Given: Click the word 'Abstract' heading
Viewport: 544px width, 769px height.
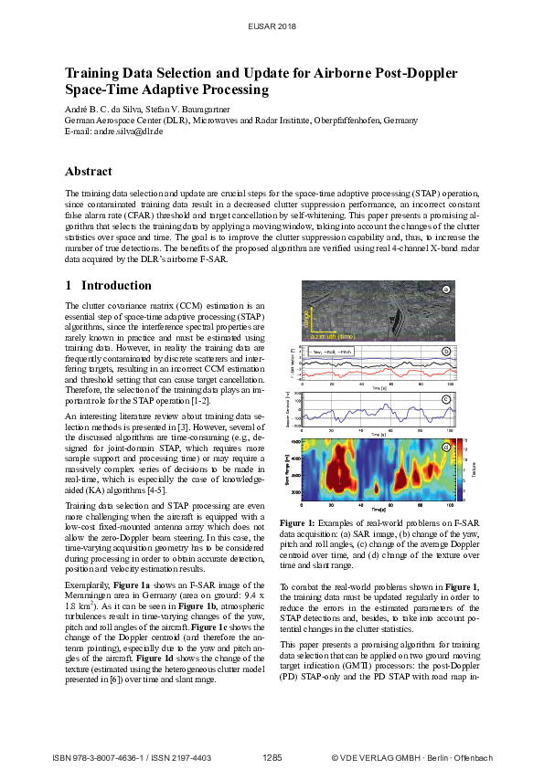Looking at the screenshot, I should pos(89,172).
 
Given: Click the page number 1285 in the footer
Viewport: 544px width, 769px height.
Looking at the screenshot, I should pos(272,757).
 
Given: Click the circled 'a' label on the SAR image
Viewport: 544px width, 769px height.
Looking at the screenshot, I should pos(446,290).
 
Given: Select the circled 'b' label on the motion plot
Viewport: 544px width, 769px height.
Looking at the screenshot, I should pos(445,351).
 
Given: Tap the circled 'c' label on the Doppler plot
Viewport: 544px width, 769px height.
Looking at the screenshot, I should pos(445,399).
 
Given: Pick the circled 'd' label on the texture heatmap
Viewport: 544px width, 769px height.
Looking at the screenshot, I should pos(445,447).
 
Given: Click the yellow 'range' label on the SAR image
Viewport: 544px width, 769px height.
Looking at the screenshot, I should pos(308,320).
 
